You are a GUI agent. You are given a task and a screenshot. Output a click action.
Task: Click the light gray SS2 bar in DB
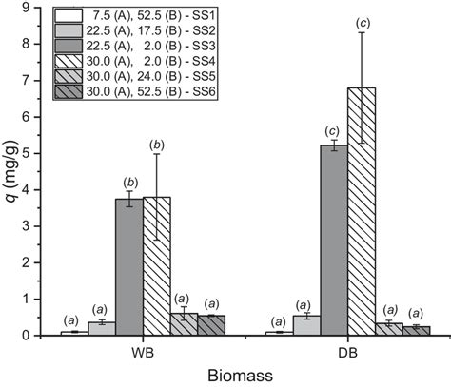306,325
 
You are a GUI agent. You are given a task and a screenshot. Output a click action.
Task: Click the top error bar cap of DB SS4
362,32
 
